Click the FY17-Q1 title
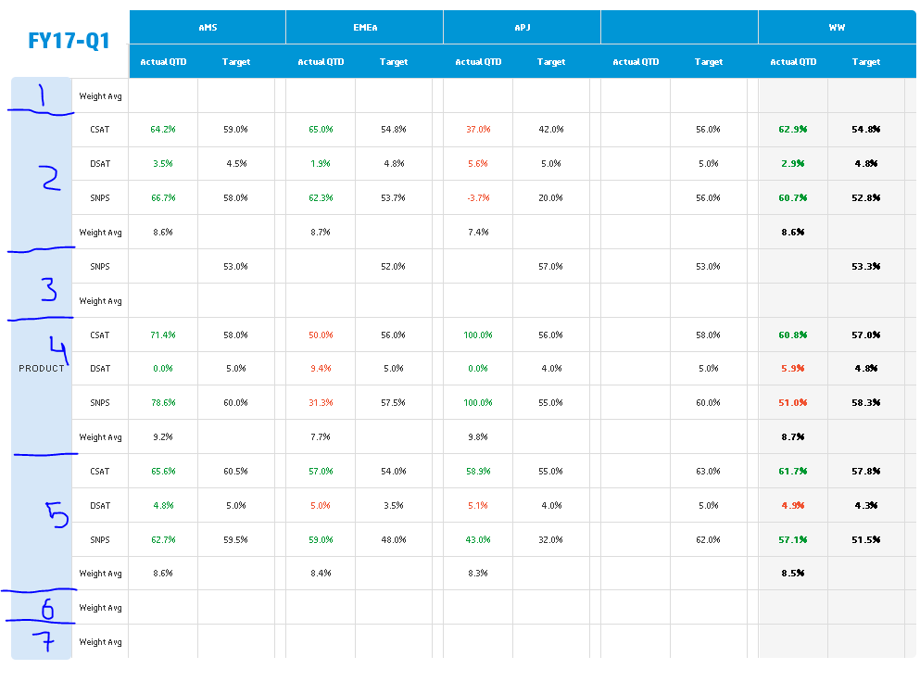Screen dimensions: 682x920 (69, 41)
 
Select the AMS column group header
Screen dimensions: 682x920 (208, 28)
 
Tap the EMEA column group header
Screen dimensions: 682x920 (365, 28)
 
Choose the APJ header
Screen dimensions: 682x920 (523, 28)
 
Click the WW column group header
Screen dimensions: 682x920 (837, 28)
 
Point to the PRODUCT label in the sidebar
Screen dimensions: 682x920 (42, 369)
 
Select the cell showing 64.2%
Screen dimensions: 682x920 (163, 130)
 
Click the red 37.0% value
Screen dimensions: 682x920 (478, 130)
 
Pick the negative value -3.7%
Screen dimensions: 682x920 (478, 198)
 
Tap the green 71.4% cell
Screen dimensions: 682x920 (163, 335)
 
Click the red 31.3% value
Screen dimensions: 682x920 (321, 403)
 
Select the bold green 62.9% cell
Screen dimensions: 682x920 (793, 130)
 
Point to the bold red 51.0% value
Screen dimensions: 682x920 (793, 403)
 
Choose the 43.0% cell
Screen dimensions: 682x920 (478, 539)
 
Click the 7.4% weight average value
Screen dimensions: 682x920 (478, 233)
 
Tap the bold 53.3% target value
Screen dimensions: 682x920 (865, 267)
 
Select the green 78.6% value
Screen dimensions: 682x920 (163, 403)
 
